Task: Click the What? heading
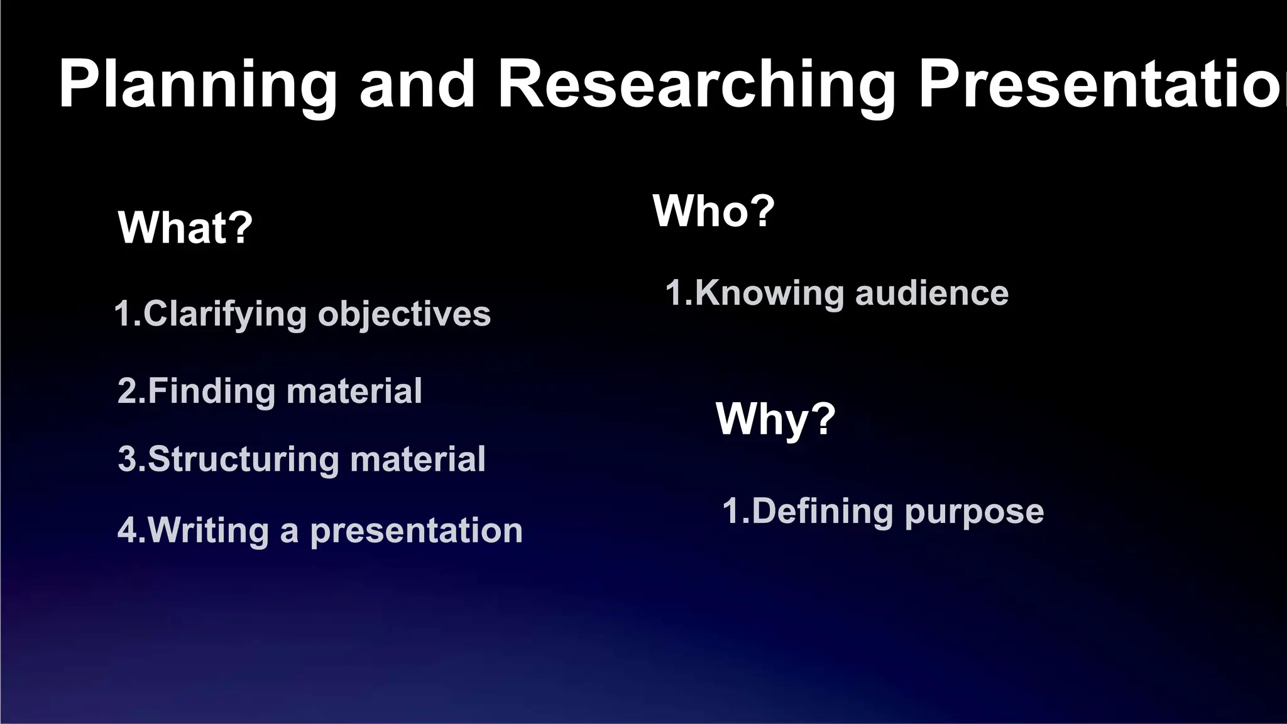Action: [185, 228]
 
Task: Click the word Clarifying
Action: [225, 314]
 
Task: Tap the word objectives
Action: [404, 314]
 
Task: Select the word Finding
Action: [212, 392]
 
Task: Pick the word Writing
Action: [209, 530]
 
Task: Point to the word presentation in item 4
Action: [416, 531]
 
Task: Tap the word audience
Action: [931, 293]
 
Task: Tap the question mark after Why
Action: [822, 418]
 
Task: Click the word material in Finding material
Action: [354, 391]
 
